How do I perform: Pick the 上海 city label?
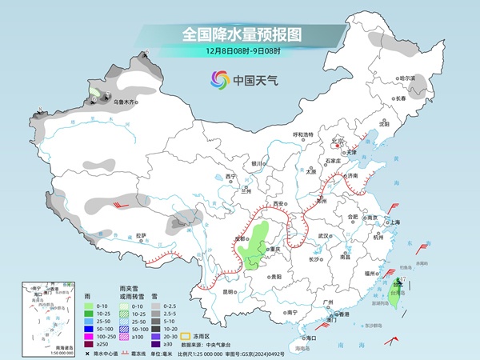coord(395,222)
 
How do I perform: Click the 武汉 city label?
coord(324,237)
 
